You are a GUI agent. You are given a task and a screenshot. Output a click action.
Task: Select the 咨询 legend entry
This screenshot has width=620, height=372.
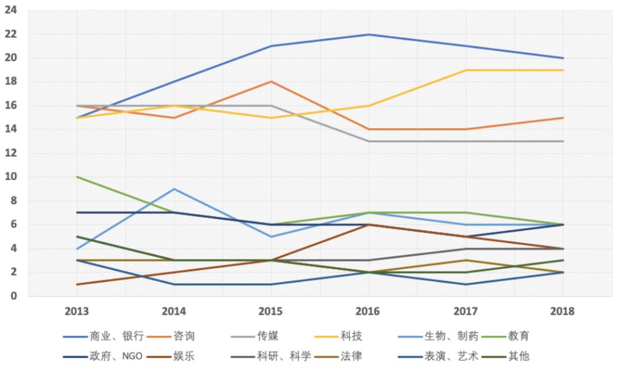183,336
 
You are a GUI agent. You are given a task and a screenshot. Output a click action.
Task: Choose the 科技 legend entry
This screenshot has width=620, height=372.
351,336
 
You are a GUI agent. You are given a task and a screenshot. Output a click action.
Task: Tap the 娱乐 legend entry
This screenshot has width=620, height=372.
183,357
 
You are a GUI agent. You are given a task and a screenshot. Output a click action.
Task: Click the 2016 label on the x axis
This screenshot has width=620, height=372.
367,311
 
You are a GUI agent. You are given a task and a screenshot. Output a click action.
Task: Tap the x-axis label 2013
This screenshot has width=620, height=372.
76,311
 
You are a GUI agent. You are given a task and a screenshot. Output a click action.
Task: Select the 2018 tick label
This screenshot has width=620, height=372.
562,311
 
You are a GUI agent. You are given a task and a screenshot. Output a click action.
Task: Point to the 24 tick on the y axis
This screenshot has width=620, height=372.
11,10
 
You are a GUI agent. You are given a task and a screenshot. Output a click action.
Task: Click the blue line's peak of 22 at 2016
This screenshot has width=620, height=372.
367,34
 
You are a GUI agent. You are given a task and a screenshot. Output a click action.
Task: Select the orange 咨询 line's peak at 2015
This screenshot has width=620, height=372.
270,82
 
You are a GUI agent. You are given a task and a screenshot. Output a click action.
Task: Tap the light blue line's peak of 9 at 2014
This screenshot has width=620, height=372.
173,189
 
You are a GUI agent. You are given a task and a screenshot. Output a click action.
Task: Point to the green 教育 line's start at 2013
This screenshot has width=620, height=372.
76,177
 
